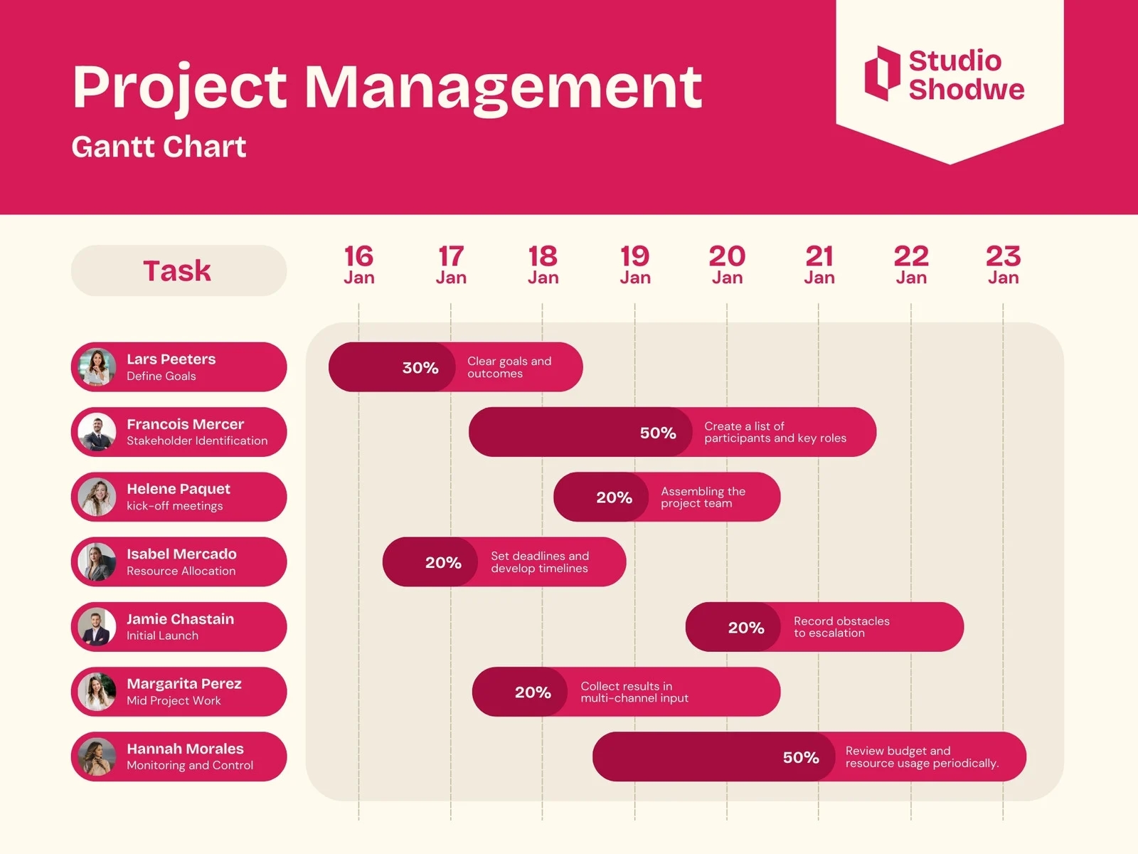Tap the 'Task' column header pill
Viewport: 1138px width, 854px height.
click(x=179, y=270)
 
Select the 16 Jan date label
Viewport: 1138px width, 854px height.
click(x=358, y=265)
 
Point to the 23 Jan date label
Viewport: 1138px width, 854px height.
click(x=1003, y=265)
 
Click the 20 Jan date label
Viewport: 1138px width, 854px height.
click(x=727, y=265)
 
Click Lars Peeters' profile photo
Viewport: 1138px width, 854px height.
click(x=97, y=367)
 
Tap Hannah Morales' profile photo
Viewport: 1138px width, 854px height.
click(x=97, y=757)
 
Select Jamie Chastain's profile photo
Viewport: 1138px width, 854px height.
click(x=97, y=627)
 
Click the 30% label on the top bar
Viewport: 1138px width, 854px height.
click(x=420, y=368)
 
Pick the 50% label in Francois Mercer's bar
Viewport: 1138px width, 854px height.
click(x=658, y=433)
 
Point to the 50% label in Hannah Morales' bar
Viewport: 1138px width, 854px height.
click(x=801, y=757)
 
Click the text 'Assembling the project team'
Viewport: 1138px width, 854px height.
click(x=703, y=497)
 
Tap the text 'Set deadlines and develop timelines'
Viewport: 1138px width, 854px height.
click(x=540, y=562)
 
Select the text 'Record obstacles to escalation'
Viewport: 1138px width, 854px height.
click(x=841, y=627)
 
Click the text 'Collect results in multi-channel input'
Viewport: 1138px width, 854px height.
click(x=634, y=692)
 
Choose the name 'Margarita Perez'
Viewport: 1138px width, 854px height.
click(x=184, y=684)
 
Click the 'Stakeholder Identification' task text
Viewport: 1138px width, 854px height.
click(x=197, y=441)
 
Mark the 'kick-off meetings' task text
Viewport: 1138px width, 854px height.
click(x=175, y=506)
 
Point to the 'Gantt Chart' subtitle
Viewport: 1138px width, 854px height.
click(x=159, y=147)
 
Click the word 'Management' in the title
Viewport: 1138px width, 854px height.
click(x=503, y=87)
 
